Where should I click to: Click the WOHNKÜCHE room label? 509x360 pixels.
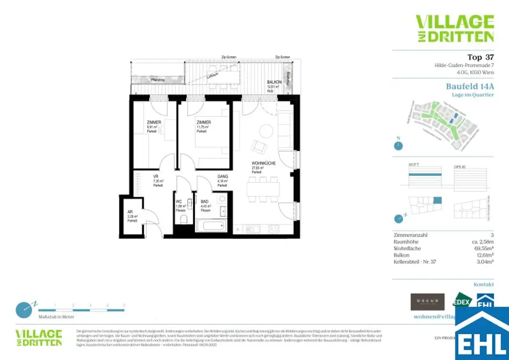pos(263,163)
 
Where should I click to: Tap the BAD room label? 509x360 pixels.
pos(205,202)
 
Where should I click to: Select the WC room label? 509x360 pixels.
pos(179,202)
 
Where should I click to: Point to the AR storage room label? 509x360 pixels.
pos(131,212)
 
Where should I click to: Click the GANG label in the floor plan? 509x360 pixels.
pos(222,177)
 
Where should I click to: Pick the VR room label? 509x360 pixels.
pos(156,177)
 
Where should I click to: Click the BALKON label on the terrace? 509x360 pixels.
pos(274,82)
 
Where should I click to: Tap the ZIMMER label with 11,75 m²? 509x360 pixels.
pos(203,122)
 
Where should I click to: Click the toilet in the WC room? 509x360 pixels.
pos(183,219)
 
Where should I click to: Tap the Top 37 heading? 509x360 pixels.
pos(480,57)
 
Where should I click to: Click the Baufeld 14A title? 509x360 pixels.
pos(470,86)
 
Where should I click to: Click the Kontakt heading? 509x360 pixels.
pos(483,284)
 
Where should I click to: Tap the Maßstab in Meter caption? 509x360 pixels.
pos(56,316)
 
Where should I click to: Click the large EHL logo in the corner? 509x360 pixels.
pos(482,334)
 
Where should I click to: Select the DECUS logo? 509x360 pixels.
pos(427,301)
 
